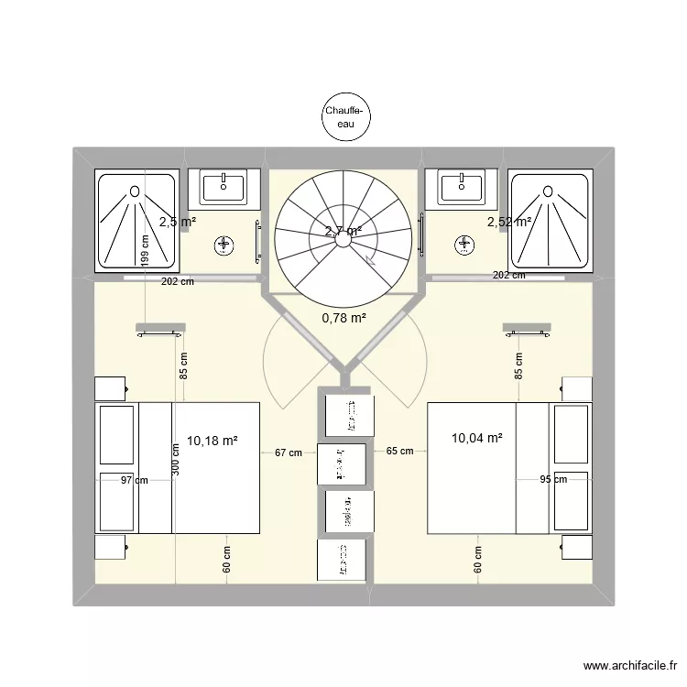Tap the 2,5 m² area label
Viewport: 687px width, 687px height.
click(x=177, y=222)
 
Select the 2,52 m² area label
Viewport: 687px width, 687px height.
click(x=510, y=222)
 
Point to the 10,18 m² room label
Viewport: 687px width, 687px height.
click(x=213, y=441)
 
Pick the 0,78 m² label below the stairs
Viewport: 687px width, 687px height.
click(x=343, y=318)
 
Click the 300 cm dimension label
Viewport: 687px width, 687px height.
click(x=175, y=458)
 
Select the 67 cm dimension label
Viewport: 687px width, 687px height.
click(x=288, y=452)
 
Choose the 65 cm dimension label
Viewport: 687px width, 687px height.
click(x=399, y=452)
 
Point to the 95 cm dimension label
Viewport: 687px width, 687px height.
click(x=553, y=479)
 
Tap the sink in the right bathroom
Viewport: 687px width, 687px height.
click(x=463, y=188)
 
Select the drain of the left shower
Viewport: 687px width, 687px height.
click(x=136, y=191)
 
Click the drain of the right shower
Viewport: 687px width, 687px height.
click(x=551, y=191)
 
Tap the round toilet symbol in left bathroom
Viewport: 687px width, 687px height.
click(x=224, y=245)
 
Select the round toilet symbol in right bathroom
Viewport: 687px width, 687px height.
click(x=463, y=245)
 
